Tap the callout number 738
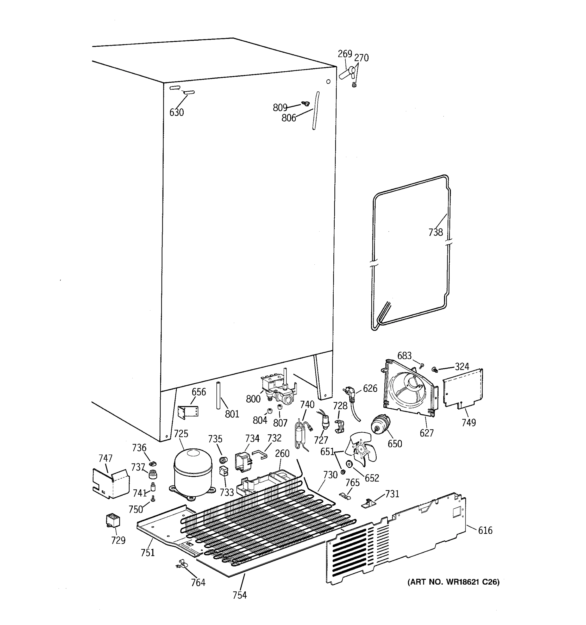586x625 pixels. pyautogui.click(x=435, y=232)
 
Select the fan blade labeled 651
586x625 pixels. pyautogui.click(x=360, y=449)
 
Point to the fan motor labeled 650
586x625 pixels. pyautogui.click(x=381, y=424)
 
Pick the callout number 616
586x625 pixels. pyautogui.click(x=485, y=531)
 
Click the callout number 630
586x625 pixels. pyautogui.click(x=176, y=112)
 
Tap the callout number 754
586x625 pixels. pyautogui.click(x=240, y=595)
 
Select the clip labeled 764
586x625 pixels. pyautogui.click(x=181, y=565)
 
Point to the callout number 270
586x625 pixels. pyautogui.click(x=361, y=58)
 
